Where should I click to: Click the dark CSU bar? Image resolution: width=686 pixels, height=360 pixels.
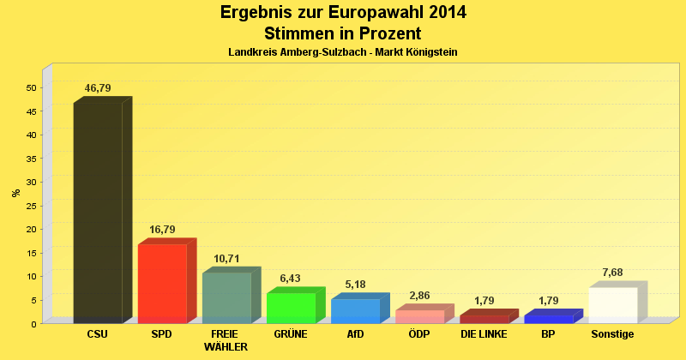pos(98,212)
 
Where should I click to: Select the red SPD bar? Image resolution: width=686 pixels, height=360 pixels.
pos(162,283)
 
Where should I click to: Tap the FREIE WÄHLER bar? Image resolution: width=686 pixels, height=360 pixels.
pos(226,297)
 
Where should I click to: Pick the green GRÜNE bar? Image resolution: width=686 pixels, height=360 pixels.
pos(291,307)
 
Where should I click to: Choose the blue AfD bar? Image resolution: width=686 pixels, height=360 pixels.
pos(355,310)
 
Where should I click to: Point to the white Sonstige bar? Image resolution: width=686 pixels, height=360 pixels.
pos(613,304)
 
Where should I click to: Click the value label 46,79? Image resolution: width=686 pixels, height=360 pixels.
pos(98,88)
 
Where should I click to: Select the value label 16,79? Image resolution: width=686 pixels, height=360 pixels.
pos(162,231)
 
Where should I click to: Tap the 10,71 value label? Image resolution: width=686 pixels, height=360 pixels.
pos(226,259)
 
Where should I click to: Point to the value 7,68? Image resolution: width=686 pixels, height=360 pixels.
pos(612,273)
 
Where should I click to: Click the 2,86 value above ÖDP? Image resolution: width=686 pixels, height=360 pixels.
pos(419,297)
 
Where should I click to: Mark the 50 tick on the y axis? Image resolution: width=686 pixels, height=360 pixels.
pos(31,87)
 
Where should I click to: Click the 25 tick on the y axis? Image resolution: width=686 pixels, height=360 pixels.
pos(31,206)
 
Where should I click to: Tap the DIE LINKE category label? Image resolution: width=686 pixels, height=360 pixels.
pos(484,334)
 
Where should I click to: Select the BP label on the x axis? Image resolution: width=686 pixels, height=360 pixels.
pos(548,334)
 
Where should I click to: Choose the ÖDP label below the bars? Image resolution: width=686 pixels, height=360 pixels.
pos(419,334)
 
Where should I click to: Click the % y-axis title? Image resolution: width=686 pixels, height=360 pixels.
pos(16,193)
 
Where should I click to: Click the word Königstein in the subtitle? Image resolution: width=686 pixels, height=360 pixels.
pos(427,52)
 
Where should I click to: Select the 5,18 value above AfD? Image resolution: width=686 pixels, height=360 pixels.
pos(355,284)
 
